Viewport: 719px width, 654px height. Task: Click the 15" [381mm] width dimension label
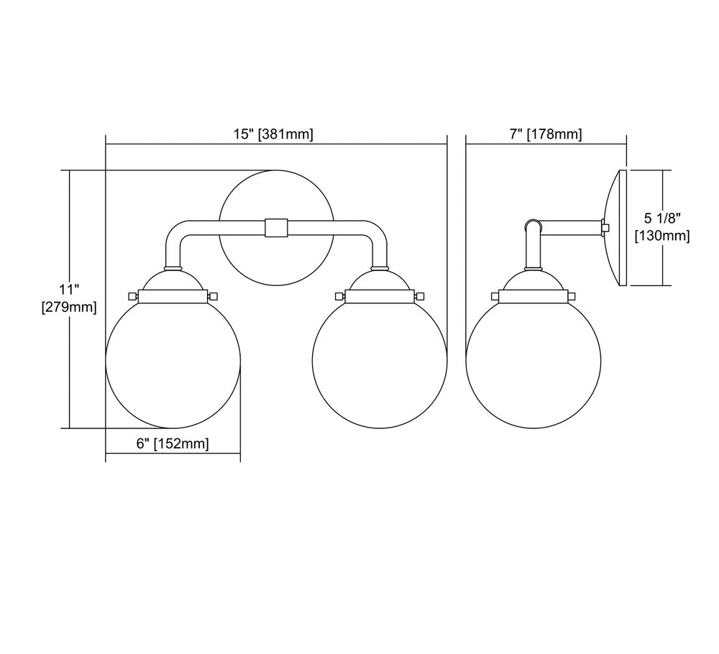[273, 134]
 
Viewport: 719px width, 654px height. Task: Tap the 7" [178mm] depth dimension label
[546, 134]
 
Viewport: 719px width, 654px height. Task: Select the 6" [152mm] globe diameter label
[173, 443]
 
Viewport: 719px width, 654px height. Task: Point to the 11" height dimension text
[69, 290]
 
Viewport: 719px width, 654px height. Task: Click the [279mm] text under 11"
[69, 307]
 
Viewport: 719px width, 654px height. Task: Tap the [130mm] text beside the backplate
[662, 236]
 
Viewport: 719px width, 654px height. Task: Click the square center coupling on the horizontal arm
[276, 228]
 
